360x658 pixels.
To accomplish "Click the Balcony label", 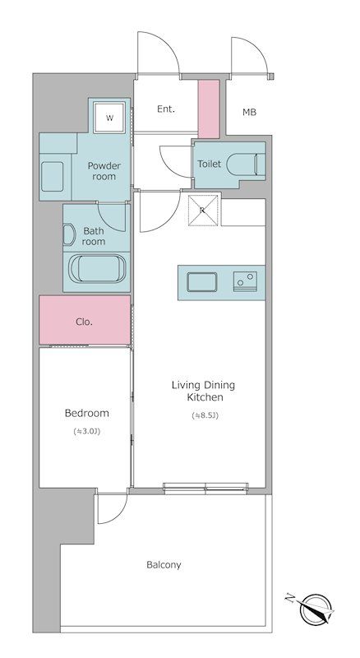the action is coord(164,565).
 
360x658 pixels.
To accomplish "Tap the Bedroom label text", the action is coord(87,413).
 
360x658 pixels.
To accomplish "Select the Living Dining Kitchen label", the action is coord(204,391).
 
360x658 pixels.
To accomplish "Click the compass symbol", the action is coord(314,609).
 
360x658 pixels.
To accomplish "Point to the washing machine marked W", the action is coord(109,118).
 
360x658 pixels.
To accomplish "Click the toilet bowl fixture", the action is coord(247,164).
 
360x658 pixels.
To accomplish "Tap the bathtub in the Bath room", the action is coord(96,269).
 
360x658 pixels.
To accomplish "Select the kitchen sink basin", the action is coord(202,281).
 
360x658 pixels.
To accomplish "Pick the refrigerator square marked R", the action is coord(203,211).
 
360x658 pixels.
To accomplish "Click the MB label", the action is coord(249,112).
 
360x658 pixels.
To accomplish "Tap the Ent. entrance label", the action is coord(166,109).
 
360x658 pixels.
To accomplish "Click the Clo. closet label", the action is coord(85,322).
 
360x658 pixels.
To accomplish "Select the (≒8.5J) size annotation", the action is coord(205,416).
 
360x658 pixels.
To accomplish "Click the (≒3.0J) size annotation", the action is coord(87,431).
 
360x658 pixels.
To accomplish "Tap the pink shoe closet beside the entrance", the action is coord(209,109).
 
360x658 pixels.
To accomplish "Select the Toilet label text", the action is coord(209,164).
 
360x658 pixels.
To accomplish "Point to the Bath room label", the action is coord(94,236).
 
